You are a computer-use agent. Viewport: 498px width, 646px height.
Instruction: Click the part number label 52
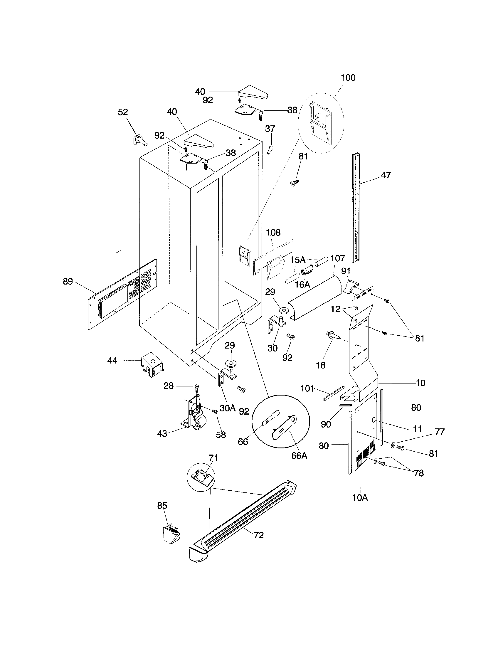point(123,112)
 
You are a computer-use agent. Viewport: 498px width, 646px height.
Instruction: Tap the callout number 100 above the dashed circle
point(348,78)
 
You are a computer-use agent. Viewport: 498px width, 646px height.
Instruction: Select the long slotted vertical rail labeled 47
point(356,207)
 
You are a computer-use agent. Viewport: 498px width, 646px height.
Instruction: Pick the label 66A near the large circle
point(299,456)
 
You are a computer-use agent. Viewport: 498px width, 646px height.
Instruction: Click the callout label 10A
point(360,498)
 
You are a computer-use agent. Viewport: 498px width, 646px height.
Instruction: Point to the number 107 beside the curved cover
point(337,258)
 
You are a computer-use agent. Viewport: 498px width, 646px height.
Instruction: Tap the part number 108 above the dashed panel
point(273,233)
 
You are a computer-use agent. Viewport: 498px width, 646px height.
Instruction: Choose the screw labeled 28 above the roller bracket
point(197,388)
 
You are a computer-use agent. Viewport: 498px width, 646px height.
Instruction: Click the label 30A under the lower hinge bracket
point(227,408)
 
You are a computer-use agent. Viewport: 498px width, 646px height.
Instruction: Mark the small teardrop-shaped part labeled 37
point(269,149)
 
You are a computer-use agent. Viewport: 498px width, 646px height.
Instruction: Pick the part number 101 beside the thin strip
point(307,388)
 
